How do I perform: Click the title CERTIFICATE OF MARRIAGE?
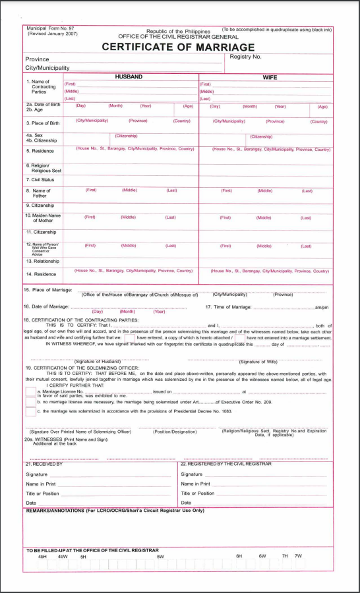coord(178,47)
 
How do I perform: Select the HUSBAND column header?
coord(129,77)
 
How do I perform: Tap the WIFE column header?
coord(270,77)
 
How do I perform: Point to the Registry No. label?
coord(246,57)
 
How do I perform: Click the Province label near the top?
coord(37,59)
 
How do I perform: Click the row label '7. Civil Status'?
coord(40,179)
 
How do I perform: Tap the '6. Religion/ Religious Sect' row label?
coord(42,168)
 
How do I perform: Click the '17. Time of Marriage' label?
coord(228,307)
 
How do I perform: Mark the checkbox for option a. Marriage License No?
coord(30,392)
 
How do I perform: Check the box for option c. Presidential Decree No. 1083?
coord(30,412)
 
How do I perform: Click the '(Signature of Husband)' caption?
coord(97,362)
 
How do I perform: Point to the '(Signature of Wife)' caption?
coord(258,362)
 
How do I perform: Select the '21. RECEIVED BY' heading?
coord(44,464)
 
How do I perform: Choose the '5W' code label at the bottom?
coord(160,556)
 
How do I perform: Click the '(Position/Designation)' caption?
coord(175,432)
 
